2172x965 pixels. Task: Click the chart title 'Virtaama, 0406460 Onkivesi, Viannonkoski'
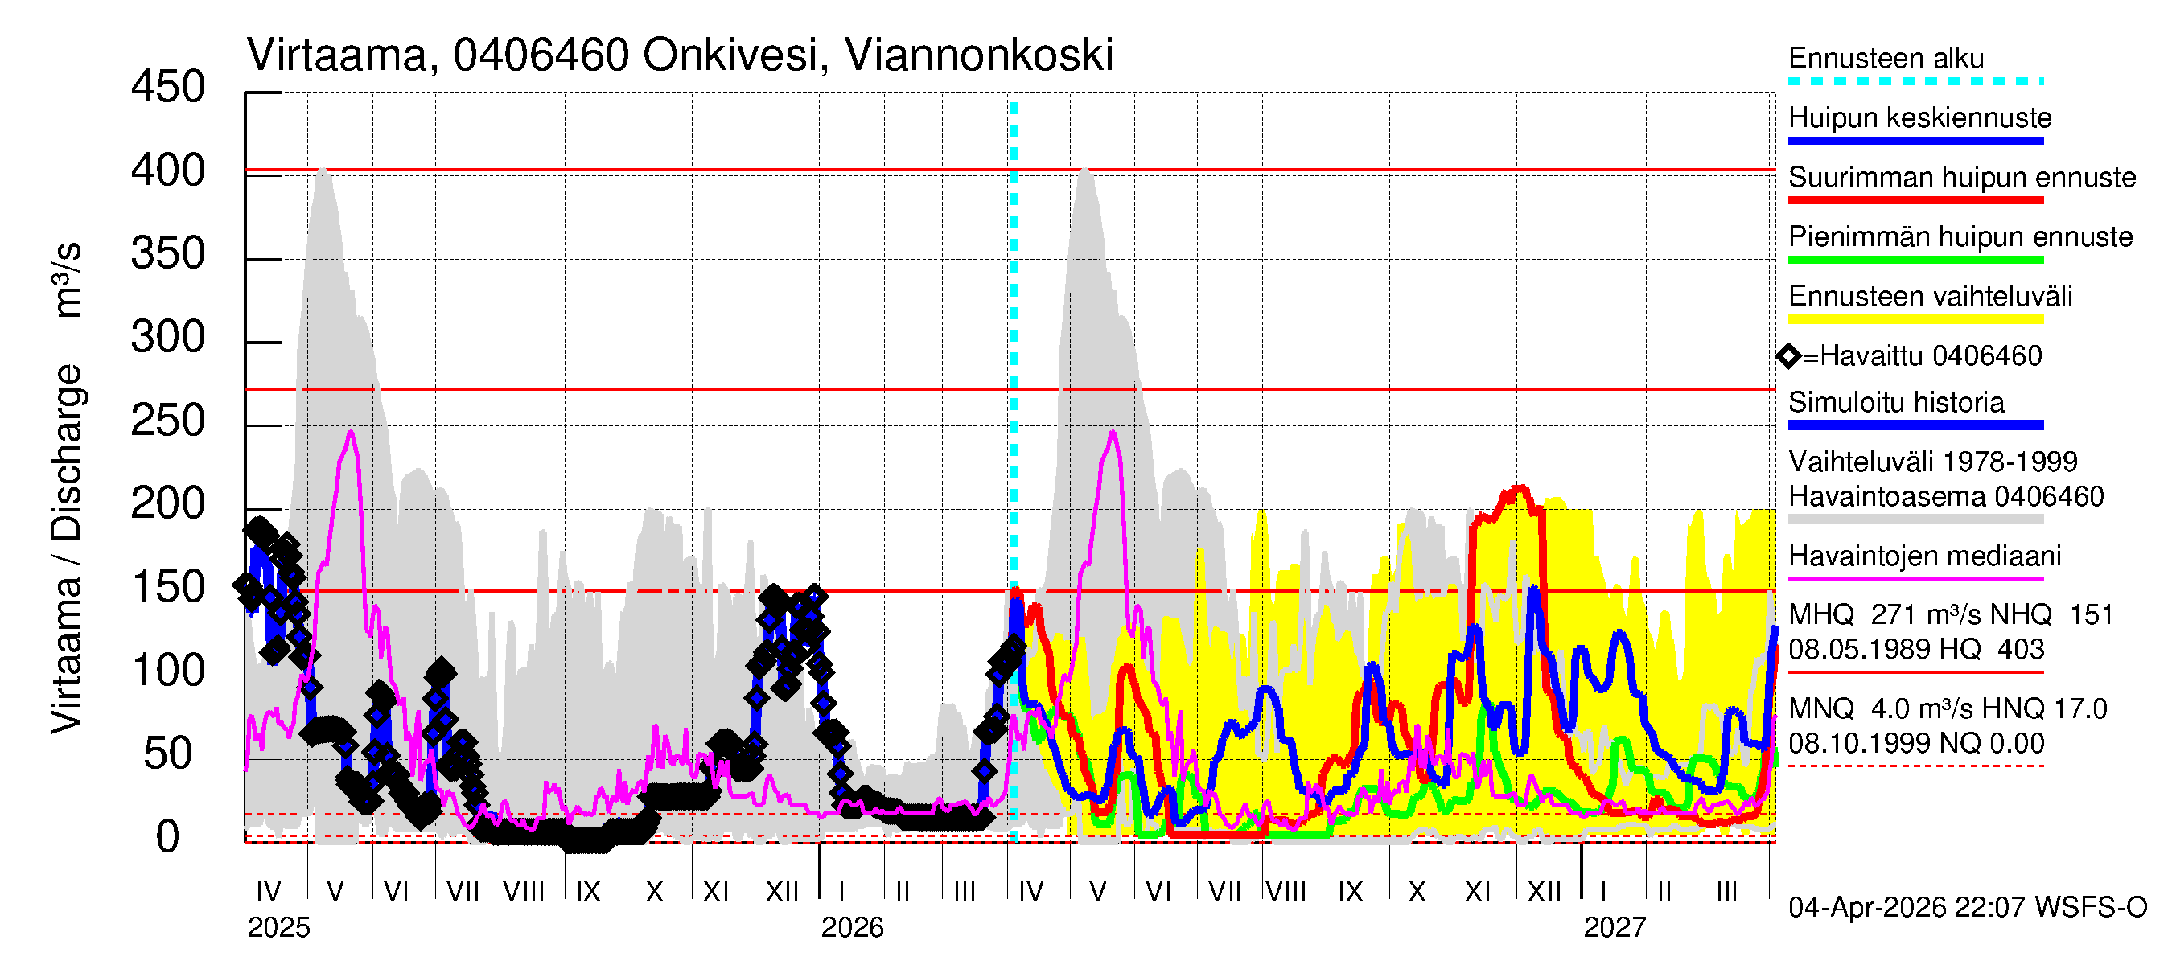click(680, 55)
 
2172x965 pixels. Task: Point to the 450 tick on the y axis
click(168, 88)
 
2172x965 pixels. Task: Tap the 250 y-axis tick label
click(168, 421)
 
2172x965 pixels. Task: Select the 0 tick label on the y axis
click(168, 837)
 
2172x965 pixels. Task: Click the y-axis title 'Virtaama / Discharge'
click(66, 548)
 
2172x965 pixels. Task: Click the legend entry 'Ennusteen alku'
click(1886, 59)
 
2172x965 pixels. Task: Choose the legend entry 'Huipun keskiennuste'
click(1919, 118)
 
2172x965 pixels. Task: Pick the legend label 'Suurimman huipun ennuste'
click(1961, 178)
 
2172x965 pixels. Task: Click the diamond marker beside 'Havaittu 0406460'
click(1788, 356)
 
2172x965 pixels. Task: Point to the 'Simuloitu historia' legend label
click(1895, 403)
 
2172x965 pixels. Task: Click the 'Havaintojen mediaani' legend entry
click(1924, 556)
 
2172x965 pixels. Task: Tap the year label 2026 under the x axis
click(852, 928)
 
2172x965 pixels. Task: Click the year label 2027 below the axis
click(1614, 928)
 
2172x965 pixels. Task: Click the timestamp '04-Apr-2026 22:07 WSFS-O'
click(1967, 908)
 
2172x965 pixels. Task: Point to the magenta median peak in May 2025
click(351, 433)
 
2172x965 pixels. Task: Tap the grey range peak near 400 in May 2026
click(1085, 171)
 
